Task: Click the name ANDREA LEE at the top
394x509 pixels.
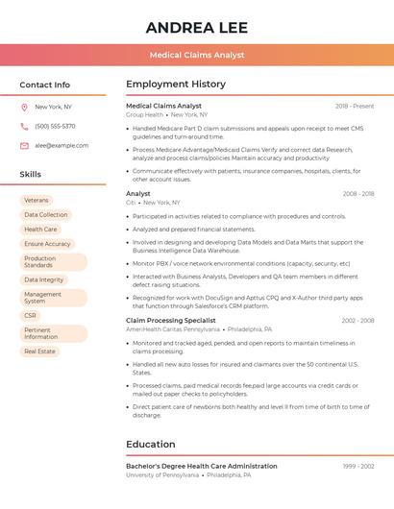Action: click(x=197, y=28)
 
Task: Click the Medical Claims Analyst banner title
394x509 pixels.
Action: click(x=197, y=56)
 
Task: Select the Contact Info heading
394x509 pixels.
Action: click(x=44, y=85)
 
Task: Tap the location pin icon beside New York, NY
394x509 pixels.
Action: click(x=24, y=107)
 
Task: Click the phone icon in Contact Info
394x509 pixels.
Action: click(x=24, y=126)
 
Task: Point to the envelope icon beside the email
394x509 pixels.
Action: click(x=24, y=146)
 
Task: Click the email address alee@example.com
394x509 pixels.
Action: click(x=62, y=146)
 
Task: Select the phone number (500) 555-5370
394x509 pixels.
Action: click(x=55, y=126)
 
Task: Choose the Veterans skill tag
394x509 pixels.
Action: click(x=37, y=200)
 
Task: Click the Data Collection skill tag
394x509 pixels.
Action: click(x=45, y=215)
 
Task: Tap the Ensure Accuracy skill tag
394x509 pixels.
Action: click(x=47, y=244)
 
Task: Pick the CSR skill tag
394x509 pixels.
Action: click(x=31, y=315)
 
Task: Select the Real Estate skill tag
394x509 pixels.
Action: click(x=39, y=351)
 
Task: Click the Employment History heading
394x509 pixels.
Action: click(x=175, y=85)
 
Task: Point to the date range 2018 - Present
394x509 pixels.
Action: click(x=355, y=107)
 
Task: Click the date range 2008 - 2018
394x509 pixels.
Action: click(x=358, y=194)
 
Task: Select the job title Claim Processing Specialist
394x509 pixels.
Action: click(x=171, y=321)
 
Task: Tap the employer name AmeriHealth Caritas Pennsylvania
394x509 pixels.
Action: click(x=172, y=329)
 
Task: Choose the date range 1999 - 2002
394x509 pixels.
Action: click(x=358, y=467)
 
